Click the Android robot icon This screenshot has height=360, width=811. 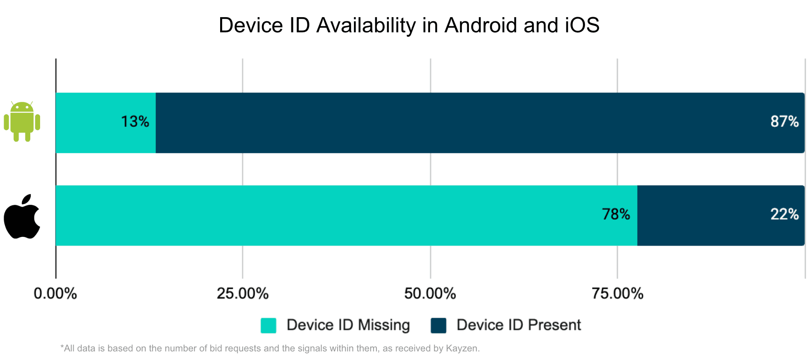click(x=22, y=122)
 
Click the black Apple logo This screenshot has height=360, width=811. click(x=22, y=216)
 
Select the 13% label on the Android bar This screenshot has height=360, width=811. click(x=135, y=122)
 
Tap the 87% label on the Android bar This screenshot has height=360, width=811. click(x=784, y=122)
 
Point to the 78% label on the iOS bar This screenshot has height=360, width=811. click(x=616, y=214)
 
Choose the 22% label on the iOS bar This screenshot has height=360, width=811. click(x=784, y=214)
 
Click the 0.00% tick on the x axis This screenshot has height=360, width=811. click(x=55, y=294)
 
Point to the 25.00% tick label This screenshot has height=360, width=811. click(x=243, y=294)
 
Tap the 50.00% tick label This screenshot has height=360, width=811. click(x=430, y=294)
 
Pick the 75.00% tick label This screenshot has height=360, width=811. click(x=617, y=294)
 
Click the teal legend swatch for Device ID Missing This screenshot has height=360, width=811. click(x=268, y=326)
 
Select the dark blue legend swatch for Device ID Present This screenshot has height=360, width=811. click(x=438, y=326)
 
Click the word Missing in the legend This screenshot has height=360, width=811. click(x=383, y=325)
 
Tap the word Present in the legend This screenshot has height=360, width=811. click(x=554, y=325)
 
